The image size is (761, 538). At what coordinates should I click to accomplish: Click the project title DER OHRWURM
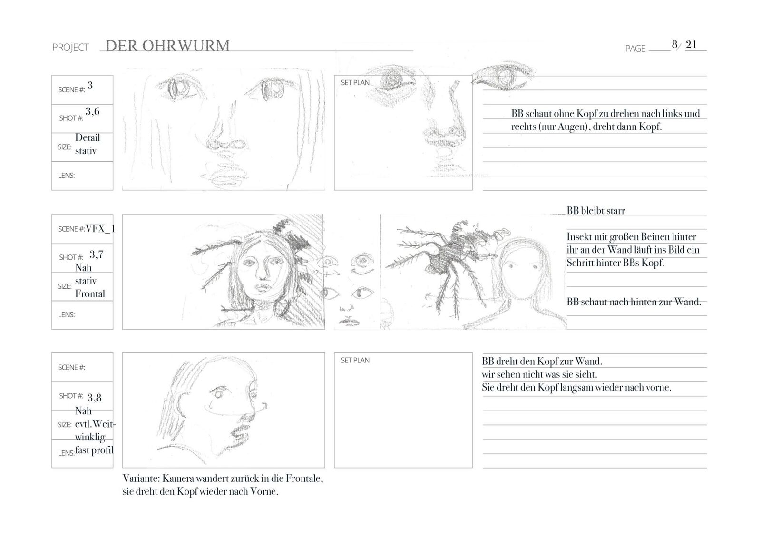167,46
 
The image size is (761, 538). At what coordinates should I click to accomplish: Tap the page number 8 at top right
674,44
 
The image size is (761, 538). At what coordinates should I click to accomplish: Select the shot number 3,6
92,112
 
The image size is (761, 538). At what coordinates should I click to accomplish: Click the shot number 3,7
97,254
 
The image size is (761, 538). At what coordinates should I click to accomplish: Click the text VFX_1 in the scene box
100,229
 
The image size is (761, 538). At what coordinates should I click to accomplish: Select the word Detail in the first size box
88,137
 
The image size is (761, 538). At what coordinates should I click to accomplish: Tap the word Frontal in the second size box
90,294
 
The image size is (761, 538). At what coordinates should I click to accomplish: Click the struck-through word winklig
90,437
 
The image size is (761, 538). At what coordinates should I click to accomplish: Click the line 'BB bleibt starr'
595,211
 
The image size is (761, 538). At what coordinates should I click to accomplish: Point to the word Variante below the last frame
142,479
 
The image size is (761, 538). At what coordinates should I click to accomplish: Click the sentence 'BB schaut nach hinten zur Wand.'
634,302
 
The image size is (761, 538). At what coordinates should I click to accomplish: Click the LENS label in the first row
66,176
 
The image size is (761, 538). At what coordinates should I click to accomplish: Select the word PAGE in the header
635,49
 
